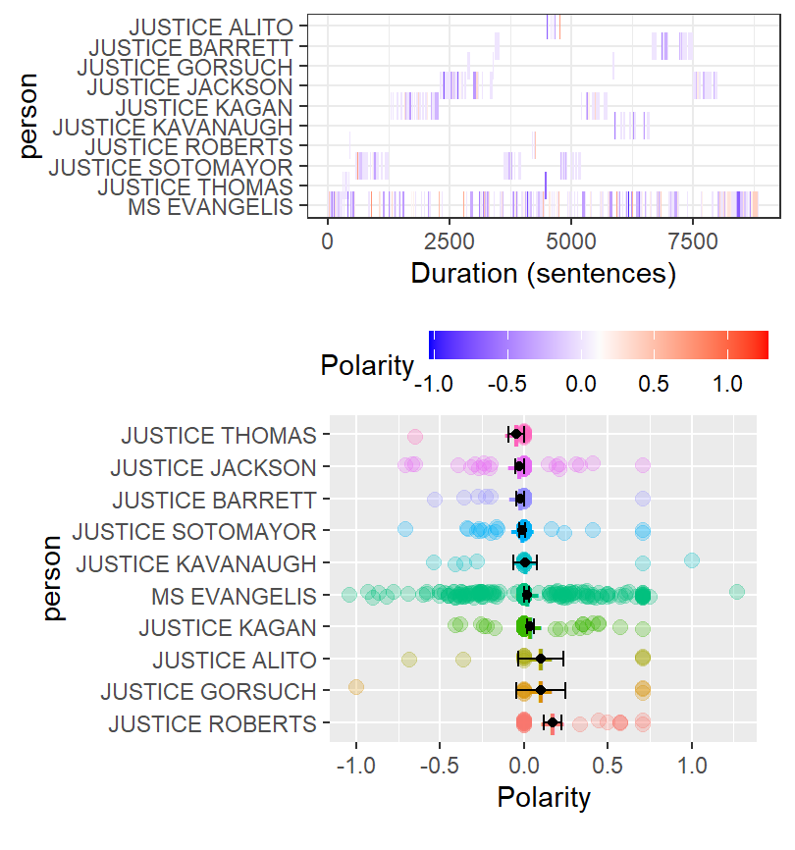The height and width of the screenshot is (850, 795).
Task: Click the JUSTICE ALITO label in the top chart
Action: pos(211,27)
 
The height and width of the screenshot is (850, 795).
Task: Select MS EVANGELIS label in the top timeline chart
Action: pos(211,206)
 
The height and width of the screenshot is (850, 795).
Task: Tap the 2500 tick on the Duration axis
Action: pos(450,241)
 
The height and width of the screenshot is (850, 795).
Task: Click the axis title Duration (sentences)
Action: pos(544,273)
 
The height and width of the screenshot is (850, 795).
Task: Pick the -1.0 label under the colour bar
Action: pos(433,385)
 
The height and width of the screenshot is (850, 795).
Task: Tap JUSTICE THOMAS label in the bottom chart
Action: pos(220,435)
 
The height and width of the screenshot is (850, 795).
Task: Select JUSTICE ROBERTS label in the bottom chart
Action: pos(213,724)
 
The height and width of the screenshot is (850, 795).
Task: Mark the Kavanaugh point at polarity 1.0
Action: pos(692,560)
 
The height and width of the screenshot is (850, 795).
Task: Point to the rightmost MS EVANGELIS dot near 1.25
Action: pos(737,591)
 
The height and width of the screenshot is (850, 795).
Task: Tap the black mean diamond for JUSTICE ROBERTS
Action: pos(553,723)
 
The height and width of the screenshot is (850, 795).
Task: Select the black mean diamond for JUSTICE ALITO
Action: pos(541,659)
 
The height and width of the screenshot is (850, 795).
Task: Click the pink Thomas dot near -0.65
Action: pos(414,437)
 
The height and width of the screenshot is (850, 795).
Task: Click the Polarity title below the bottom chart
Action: pos(544,798)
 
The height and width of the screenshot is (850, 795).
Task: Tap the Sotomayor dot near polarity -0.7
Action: pos(405,530)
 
